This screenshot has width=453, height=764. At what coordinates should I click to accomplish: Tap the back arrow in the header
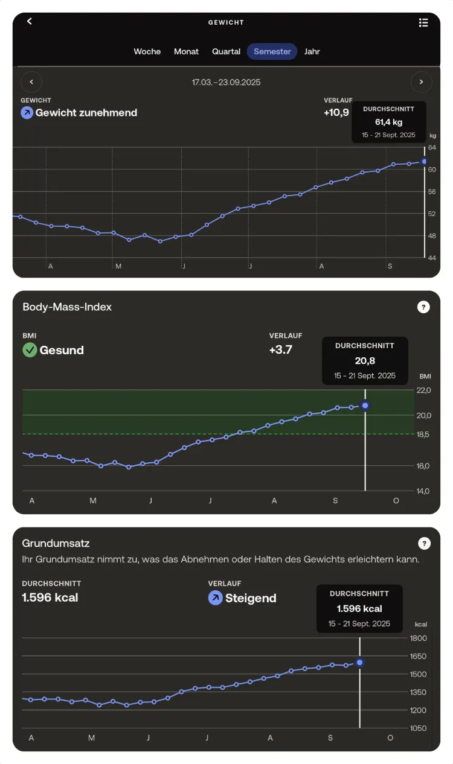29,21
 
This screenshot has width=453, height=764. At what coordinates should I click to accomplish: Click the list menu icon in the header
423,22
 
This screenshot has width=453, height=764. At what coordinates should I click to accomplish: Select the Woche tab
147,52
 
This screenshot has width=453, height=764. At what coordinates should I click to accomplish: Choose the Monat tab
186,52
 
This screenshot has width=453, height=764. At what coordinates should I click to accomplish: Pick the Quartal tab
226,52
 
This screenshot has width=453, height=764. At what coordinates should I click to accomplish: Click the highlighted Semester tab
272,52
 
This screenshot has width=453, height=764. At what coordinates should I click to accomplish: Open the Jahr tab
312,52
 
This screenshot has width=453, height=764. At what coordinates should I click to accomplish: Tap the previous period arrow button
31,81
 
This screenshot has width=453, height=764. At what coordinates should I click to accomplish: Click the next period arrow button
421,81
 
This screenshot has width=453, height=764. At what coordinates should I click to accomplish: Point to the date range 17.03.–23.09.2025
226,82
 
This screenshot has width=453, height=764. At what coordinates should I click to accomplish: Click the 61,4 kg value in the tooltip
388,122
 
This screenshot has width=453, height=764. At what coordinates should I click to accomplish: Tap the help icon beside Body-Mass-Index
423,307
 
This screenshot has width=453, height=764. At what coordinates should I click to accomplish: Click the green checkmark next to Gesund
30,350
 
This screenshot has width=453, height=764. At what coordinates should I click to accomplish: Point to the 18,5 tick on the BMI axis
423,434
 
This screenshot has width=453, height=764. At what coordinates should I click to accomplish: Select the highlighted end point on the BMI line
365,406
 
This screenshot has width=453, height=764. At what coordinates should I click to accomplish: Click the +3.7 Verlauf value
280,349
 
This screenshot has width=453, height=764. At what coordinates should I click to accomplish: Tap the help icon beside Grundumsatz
424,544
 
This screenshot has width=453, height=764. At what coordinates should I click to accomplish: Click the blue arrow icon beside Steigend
215,598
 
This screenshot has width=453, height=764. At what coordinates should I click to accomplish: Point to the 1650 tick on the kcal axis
418,656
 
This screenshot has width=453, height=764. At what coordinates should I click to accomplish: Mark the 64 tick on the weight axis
432,147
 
